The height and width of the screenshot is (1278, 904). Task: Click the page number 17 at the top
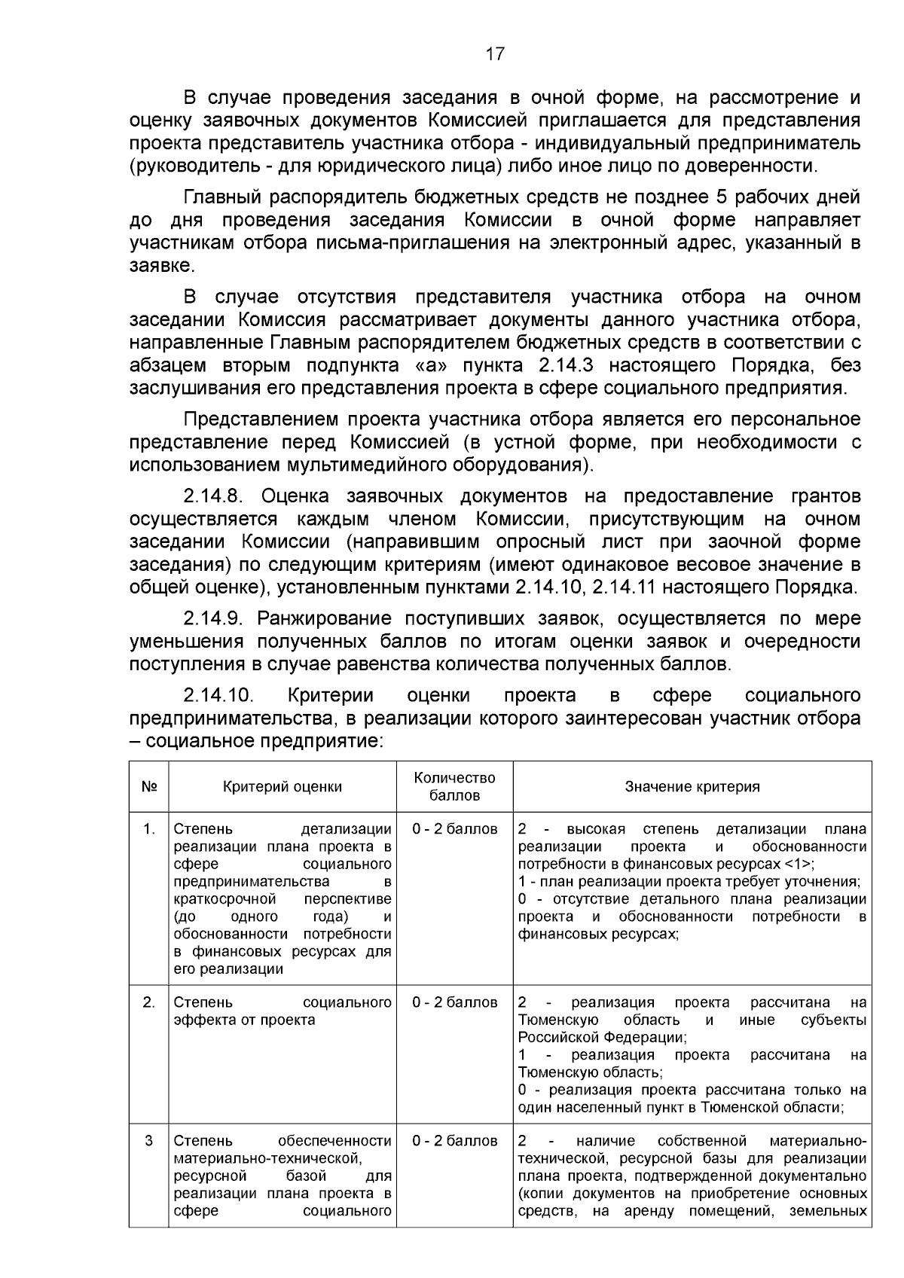coord(494,54)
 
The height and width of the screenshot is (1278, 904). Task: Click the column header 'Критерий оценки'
coord(282,787)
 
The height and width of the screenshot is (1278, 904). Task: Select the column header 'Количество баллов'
coord(455,786)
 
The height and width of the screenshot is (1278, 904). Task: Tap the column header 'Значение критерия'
coord(692,787)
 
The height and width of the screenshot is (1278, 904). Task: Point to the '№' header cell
coord(149,787)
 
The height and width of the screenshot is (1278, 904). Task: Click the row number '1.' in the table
coord(149,830)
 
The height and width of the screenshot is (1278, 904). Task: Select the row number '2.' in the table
coord(149,1003)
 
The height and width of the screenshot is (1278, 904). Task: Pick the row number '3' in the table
coord(149,1141)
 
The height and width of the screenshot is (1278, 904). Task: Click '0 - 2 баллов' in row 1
coord(455,830)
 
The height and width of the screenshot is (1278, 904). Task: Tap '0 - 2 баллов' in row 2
coord(455,1003)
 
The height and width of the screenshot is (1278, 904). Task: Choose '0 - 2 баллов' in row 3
coord(455,1141)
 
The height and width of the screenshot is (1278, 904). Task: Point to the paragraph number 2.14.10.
coord(218,695)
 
